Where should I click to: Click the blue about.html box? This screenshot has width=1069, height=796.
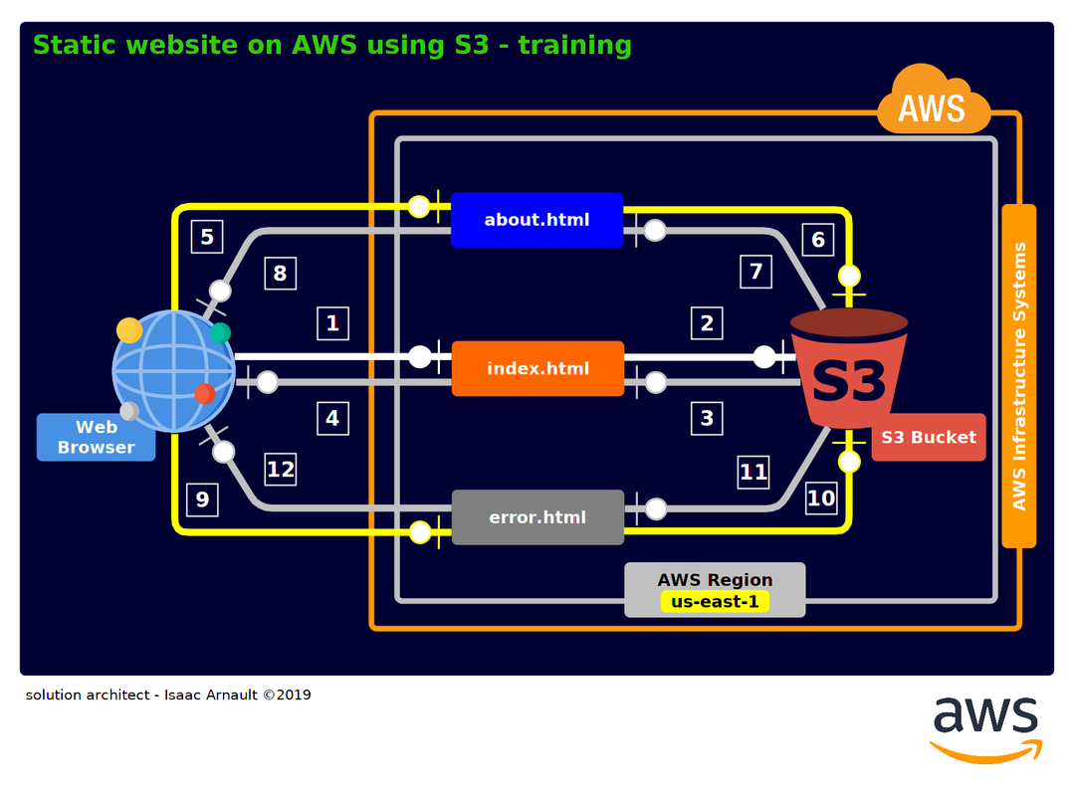[536, 220]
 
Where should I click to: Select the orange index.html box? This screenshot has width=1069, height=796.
[537, 369]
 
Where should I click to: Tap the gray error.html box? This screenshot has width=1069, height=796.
[537, 517]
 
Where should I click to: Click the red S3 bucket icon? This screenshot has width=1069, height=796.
[849, 369]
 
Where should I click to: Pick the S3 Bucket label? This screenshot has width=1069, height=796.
[929, 437]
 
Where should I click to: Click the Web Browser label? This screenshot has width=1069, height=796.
[97, 437]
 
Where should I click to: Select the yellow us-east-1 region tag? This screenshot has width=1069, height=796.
[715, 602]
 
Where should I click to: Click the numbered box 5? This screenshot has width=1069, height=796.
[207, 237]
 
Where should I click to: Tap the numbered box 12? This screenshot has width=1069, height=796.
[281, 470]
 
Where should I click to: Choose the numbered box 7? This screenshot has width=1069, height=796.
[755, 272]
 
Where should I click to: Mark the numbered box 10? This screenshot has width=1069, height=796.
[821, 498]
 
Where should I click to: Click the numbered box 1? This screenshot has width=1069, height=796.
[332, 323]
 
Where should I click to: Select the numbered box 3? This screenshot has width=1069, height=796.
[707, 418]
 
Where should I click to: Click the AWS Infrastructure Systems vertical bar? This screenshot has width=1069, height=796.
[1019, 376]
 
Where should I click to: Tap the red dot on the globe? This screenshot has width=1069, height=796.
[204, 393]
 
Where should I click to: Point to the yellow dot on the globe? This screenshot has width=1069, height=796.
[128, 330]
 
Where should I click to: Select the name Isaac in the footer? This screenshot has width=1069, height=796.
[184, 696]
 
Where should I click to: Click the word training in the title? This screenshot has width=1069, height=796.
[574, 46]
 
